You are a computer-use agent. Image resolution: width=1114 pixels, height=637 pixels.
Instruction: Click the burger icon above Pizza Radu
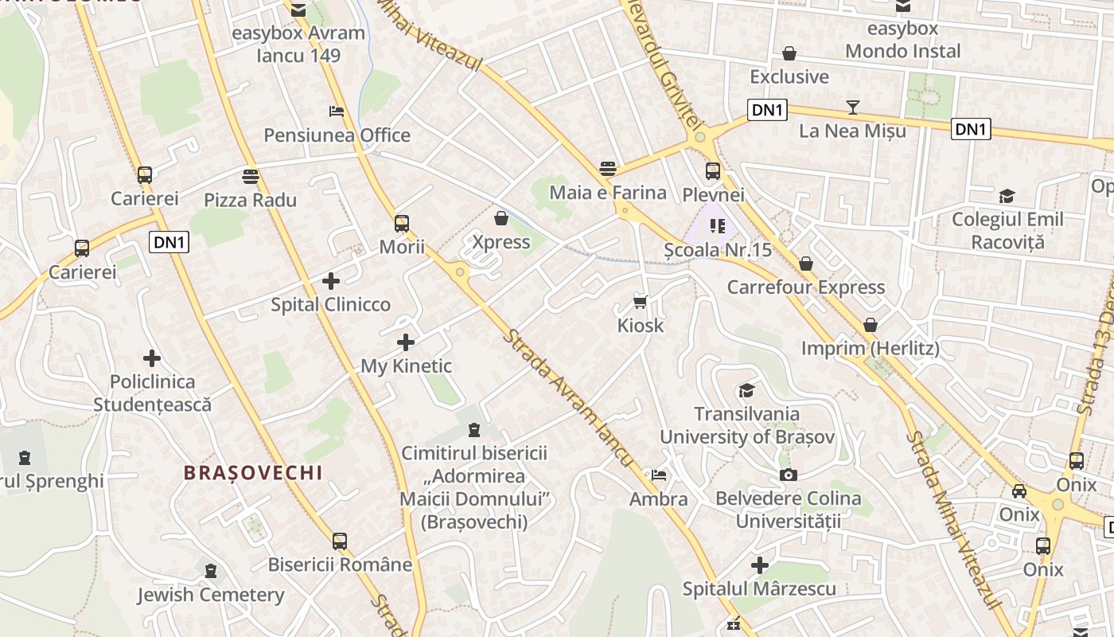pyautogui.click(x=251, y=176)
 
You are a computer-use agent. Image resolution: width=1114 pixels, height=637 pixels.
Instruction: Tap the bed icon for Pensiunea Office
pyautogui.click(x=337, y=111)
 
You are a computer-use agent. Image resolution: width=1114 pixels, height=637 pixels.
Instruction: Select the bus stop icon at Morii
pyautogui.click(x=402, y=223)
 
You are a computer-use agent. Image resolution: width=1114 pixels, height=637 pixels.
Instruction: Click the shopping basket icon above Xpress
pyautogui.click(x=501, y=218)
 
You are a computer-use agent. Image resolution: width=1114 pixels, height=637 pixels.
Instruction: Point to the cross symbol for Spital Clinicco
pyautogui.click(x=331, y=280)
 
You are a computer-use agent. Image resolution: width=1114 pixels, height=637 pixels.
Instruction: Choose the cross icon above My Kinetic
pyautogui.click(x=406, y=342)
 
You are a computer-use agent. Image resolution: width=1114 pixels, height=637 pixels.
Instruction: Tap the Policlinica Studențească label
pyautogui.click(x=153, y=393)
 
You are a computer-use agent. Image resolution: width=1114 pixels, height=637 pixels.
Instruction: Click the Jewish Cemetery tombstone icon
pyautogui.click(x=211, y=571)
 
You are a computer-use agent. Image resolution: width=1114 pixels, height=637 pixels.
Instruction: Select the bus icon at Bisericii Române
pyautogui.click(x=340, y=541)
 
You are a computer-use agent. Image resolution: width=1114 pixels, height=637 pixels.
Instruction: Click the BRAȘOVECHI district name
pyautogui.click(x=253, y=473)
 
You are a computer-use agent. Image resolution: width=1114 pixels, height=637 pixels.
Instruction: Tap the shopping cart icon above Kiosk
pyautogui.click(x=640, y=302)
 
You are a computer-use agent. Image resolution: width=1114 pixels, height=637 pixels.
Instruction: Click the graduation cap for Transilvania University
pyautogui.click(x=746, y=390)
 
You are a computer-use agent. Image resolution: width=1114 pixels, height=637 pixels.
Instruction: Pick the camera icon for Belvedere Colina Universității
pyautogui.click(x=789, y=475)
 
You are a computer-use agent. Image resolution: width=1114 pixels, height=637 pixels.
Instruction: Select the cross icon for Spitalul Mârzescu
pyautogui.click(x=760, y=565)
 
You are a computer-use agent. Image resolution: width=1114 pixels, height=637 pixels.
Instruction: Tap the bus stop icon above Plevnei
pyautogui.click(x=713, y=170)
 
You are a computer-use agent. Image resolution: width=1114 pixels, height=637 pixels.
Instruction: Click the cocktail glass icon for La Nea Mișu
pyautogui.click(x=853, y=107)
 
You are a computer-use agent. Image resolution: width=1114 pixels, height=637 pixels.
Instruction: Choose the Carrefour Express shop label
pyautogui.click(x=806, y=287)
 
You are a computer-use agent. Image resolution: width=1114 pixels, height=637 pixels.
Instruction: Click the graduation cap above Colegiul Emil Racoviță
pyautogui.click(x=1007, y=196)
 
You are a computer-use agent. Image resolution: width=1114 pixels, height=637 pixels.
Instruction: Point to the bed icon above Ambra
pyautogui.click(x=659, y=475)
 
